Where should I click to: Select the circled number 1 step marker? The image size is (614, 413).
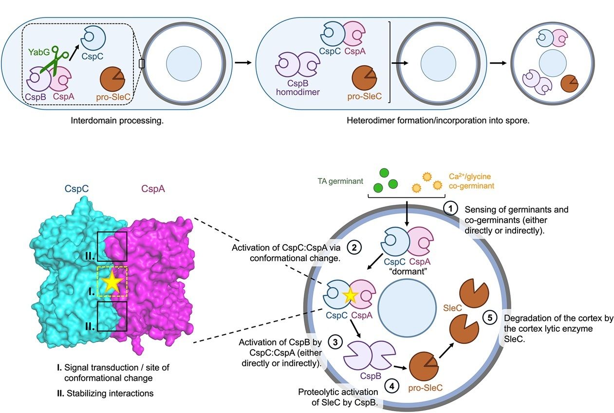click(x=450, y=209)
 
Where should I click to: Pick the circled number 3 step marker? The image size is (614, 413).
click(x=335, y=341)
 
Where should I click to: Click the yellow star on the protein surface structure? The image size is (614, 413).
click(x=112, y=282)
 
